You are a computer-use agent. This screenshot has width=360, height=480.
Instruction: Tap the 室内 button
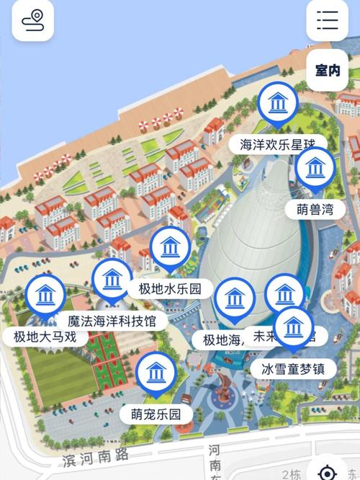click(328, 71)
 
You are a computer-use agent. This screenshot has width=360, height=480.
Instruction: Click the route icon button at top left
click(32, 20)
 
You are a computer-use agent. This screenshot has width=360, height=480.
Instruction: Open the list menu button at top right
click(328, 20)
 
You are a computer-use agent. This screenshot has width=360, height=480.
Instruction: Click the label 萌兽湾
click(315, 210)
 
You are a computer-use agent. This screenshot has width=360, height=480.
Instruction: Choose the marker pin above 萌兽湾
click(315, 169)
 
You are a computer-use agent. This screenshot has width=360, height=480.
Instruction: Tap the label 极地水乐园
click(170, 289)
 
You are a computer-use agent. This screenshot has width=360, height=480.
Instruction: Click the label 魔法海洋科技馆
click(112, 320)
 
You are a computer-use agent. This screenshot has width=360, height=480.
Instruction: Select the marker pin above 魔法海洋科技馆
click(112, 279)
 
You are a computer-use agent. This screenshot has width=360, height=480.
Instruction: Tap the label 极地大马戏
click(45, 336)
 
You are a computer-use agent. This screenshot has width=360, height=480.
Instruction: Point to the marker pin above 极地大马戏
click(45, 295)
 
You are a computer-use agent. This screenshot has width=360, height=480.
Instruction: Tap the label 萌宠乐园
click(156, 414)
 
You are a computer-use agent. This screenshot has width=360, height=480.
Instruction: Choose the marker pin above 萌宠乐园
click(156, 373)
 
